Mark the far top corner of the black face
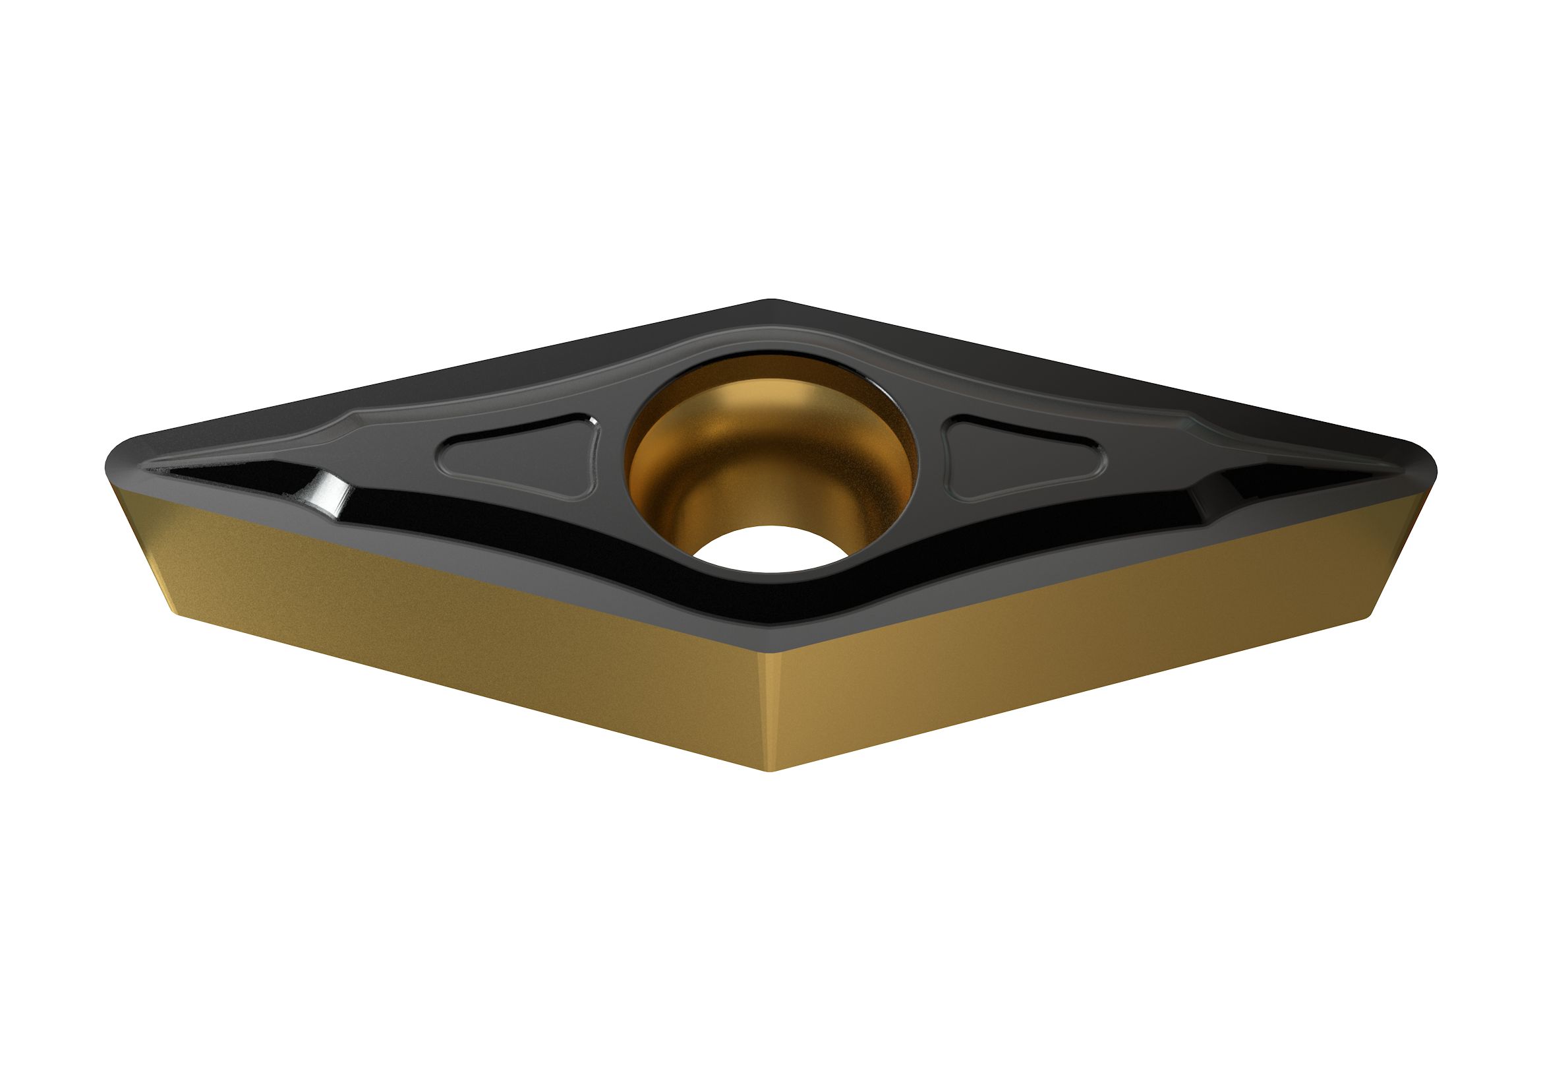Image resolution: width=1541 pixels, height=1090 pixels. pyautogui.click(x=772, y=300)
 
